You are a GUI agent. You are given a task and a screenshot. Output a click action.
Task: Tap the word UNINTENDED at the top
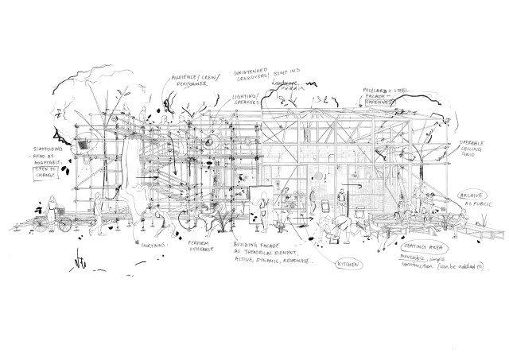251,73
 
